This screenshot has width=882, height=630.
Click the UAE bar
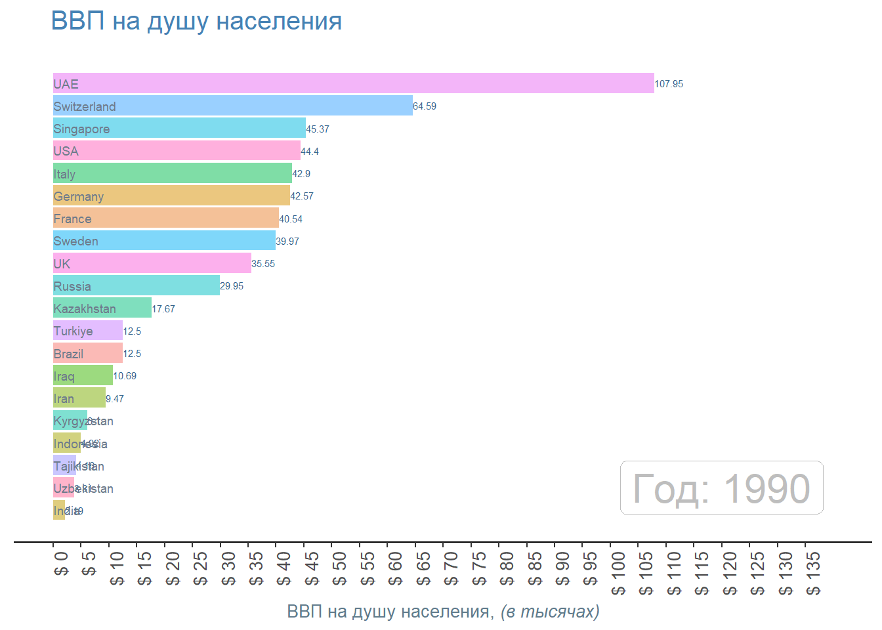tap(353, 83)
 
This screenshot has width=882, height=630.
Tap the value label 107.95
tap(669, 84)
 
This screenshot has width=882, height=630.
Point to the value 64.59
tap(425, 106)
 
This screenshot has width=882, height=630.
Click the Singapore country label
tap(81, 129)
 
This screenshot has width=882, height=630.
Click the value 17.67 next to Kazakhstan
tap(163, 309)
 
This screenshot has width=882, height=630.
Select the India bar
tap(58, 510)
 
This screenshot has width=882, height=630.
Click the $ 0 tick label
tap(61, 564)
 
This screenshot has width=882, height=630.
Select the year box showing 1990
tap(721, 488)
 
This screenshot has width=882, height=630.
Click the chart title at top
tap(196, 21)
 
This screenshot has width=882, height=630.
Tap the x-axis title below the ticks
tap(443, 612)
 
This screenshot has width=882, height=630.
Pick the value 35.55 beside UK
tap(263, 264)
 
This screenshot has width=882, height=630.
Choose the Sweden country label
tap(75, 241)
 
